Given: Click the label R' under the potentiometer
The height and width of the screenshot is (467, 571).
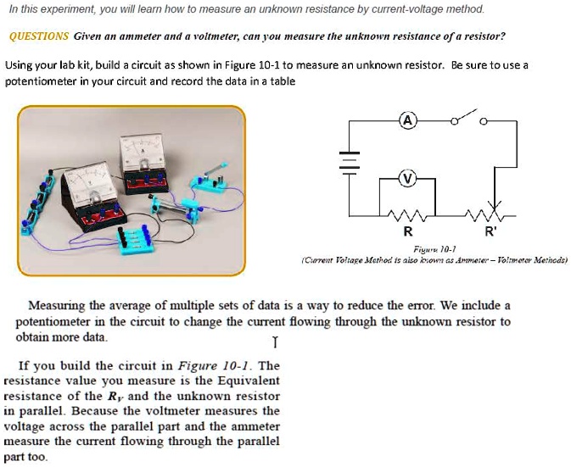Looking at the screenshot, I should [490, 231].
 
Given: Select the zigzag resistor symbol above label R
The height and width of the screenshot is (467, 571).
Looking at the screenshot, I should [407, 214].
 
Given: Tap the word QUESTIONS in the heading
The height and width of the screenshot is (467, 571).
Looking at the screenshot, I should [38, 36].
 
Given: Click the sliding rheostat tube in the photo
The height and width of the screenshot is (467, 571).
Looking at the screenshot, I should [170, 205].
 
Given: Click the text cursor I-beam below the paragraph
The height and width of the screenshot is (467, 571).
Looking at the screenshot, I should [274, 342].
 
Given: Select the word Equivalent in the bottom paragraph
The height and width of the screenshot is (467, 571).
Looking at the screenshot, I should [247, 381].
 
